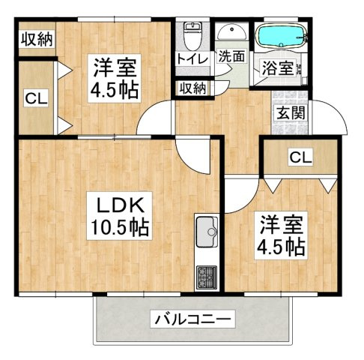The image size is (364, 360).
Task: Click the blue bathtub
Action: point(282,36)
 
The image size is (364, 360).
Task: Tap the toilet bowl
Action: point(192,37)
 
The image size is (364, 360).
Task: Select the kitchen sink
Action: point(206,231)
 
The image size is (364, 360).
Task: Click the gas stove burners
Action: point(207,277)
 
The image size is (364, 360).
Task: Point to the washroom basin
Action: point(232,32)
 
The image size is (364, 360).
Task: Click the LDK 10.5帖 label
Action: point(120,216)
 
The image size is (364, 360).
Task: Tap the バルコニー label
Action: point(192,319)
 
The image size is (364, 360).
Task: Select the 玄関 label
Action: point(291,112)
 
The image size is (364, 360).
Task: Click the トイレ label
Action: point(192,59)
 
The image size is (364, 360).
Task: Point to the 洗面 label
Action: point(231,56)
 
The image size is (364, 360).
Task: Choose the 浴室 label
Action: point(277,67)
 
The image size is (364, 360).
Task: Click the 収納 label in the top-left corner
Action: point(37,39)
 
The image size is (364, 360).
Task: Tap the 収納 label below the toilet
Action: point(193,88)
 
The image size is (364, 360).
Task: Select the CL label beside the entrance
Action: point(300,157)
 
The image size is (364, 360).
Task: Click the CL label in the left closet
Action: point(36,98)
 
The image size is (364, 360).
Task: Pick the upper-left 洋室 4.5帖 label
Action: point(115,78)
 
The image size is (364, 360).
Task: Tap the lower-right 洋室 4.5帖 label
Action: point(282,235)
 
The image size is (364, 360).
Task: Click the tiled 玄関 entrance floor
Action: point(290,112)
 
